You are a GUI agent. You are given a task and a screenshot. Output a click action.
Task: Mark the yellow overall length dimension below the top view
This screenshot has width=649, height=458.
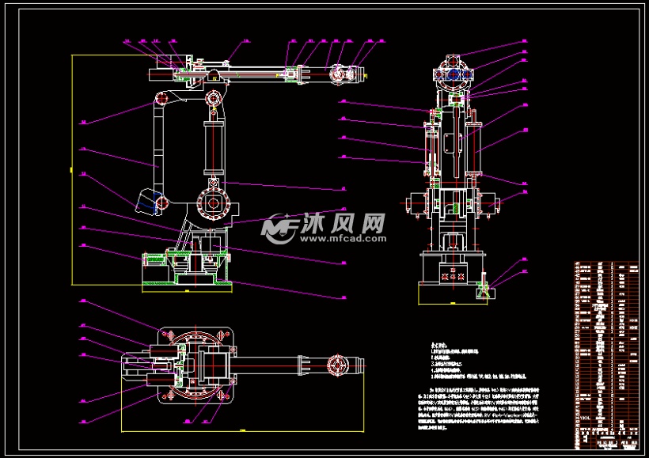[x=237, y=432]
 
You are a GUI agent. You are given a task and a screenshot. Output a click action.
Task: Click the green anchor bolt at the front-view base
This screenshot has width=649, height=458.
[x=482, y=292]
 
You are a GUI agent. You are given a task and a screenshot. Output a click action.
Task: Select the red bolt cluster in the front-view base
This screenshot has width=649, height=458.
[x=453, y=274]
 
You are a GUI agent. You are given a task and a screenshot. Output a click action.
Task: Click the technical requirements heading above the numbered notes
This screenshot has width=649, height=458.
[x=438, y=346]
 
